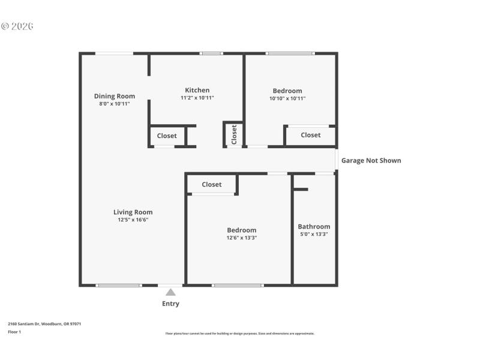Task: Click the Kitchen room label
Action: click(x=197, y=90)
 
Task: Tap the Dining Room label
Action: click(x=114, y=96)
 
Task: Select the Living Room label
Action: click(x=133, y=212)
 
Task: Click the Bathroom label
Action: click(x=314, y=226)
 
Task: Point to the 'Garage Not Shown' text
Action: click(x=371, y=160)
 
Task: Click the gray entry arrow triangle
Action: click(x=170, y=292)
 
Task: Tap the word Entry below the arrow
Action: click(x=170, y=304)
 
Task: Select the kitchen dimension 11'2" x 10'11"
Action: click(x=197, y=98)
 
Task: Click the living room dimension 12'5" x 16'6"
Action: click(x=133, y=220)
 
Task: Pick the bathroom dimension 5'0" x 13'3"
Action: click(x=314, y=234)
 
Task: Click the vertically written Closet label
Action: click(x=234, y=134)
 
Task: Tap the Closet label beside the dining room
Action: click(x=167, y=136)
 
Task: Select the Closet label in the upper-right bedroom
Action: click(x=310, y=135)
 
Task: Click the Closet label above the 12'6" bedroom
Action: click(x=211, y=184)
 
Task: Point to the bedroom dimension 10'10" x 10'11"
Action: click(x=287, y=98)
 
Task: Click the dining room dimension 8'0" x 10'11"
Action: click(x=114, y=104)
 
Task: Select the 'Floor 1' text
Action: click(x=14, y=331)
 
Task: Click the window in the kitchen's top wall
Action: click(x=211, y=53)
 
